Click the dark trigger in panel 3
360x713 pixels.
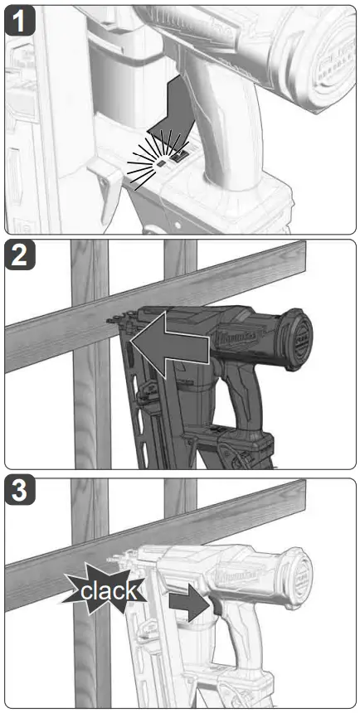213,606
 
